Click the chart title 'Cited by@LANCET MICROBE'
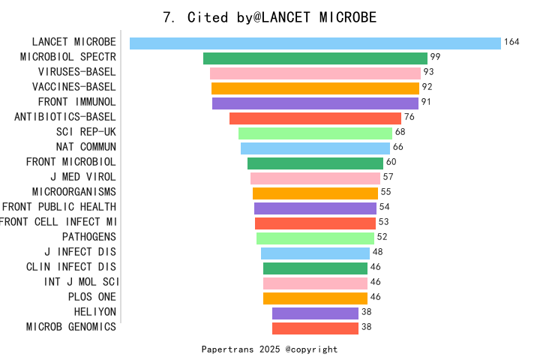tap(270, 16)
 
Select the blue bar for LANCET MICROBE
tap(315, 43)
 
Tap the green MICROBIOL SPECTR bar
tap(315, 58)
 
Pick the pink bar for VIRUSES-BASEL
tap(315, 73)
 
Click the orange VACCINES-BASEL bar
tap(315, 88)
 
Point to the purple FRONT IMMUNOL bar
tap(315, 103)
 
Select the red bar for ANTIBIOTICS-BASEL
tap(315, 118)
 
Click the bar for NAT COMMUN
tap(315, 148)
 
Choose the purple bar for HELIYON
tap(315, 313)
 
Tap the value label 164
tap(511, 42)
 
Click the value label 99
tap(435, 57)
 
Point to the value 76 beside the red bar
tap(409, 117)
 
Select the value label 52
tap(382, 237)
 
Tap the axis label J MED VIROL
tap(83, 177)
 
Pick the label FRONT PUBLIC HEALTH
tap(59, 207)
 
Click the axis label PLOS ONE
tap(91, 297)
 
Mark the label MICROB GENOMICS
tap(71, 327)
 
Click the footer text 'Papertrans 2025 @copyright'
tap(270, 349)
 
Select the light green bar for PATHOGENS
tap(315, 238)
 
